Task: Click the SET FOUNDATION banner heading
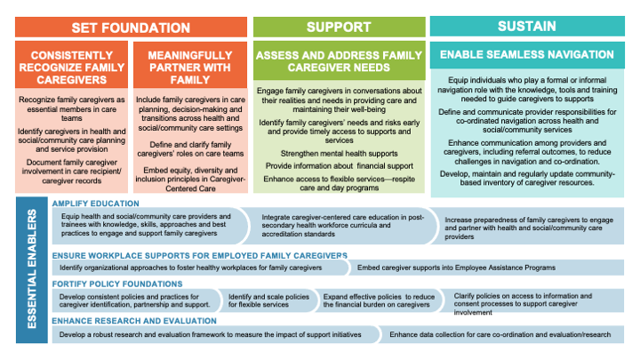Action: [132, 26]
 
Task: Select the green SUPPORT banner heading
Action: [339, 26]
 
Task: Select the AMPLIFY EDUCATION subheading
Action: [92, 204]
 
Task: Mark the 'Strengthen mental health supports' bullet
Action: [339, 153]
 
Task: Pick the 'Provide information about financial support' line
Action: [339, 166]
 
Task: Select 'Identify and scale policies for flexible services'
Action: [268, 300]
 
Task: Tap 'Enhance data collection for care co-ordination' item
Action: [500, 335]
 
